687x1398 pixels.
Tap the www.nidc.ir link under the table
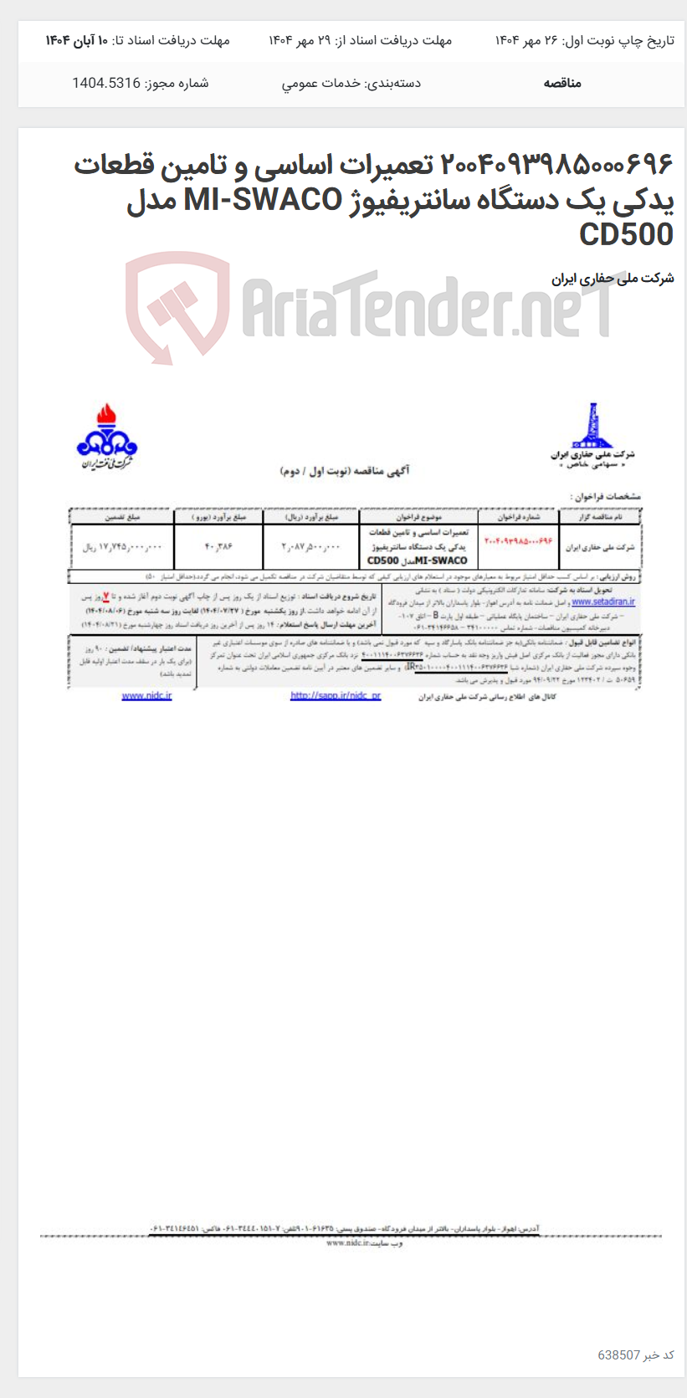point(146,696)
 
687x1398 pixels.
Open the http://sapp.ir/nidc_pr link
point(335,696)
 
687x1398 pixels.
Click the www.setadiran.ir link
point(602,602)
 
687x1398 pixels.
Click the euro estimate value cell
point(218,547)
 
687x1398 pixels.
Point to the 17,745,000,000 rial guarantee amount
point(122,547)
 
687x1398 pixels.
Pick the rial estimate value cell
point(311,547)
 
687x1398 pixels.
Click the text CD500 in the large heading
point(626,235)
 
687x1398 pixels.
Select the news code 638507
point(618,1354)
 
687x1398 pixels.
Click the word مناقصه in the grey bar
point(562,83)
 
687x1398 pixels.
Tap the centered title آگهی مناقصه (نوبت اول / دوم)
point(344,472)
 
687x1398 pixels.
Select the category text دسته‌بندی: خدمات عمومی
point(351,83)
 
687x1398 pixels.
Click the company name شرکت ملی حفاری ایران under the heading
point(612,279)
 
